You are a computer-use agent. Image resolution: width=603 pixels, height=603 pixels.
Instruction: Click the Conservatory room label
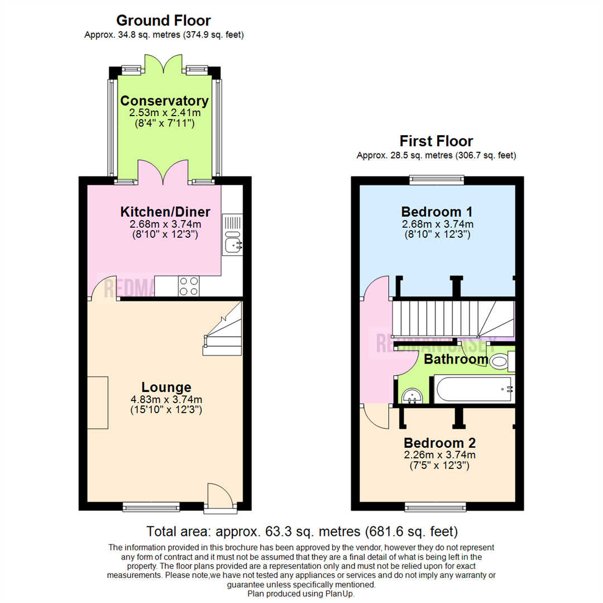(165, 101)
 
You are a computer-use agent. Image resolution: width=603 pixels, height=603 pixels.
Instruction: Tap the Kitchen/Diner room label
(165, 212)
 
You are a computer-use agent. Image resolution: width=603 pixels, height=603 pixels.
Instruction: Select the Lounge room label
(166, 387)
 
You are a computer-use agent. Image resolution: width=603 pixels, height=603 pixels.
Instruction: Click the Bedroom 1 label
(437, 212)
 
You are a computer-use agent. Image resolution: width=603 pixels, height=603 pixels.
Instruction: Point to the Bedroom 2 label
(440, 443)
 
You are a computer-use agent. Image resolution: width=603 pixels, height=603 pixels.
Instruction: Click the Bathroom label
(456, 359)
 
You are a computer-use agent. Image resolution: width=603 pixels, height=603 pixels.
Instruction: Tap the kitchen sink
(232, 243)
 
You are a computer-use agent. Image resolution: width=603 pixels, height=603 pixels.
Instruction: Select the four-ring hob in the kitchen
(189, 286)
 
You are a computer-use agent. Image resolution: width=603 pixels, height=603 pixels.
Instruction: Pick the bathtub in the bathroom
(473, 389)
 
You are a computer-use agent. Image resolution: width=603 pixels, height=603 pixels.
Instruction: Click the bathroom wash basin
(412, 395)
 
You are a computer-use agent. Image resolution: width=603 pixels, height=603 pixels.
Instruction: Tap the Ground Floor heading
(164, 21)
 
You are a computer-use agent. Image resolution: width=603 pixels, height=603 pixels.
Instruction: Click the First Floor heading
(436, 141)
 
